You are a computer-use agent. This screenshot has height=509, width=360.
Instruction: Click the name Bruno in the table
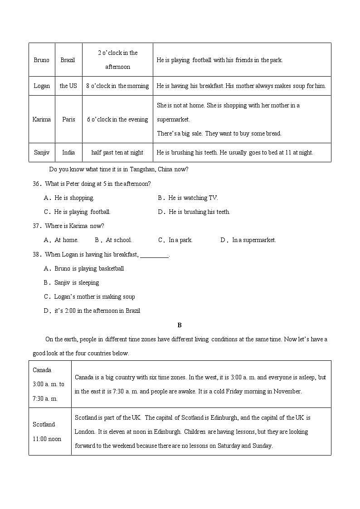[x=42, y=60]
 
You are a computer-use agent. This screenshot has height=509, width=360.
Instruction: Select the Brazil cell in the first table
[x=68, y=60]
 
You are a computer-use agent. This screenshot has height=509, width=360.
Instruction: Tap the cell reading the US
[x=68, y=86]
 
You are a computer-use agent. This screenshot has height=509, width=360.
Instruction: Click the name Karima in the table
[x=42, y=120]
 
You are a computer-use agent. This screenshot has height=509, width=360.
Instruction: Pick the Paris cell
[x=68, y=120]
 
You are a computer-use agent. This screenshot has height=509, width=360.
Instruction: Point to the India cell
[x=68, y=152]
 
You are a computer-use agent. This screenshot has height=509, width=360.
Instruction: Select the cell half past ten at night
[x=117, y=152]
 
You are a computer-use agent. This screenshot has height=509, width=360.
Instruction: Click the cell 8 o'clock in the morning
[x=117, y=86]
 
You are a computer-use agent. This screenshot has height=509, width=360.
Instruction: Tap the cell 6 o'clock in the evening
[x=117, y=120]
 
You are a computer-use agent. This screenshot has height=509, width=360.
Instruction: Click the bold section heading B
[x=180, y=325]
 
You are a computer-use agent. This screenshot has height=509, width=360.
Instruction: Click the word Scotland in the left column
[x=44, y=424]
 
